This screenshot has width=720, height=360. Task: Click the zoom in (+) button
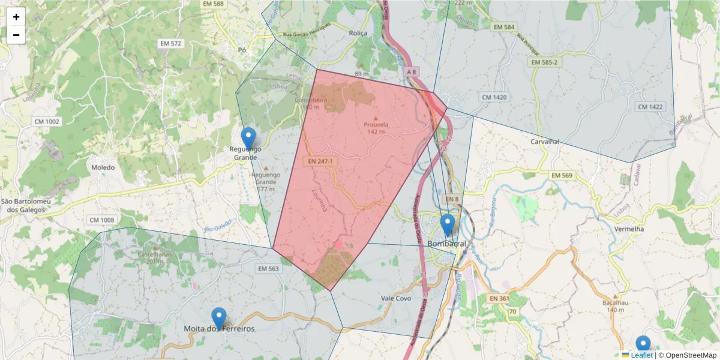(x=16, y=17)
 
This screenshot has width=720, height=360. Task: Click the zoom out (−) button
(x=16, y=35)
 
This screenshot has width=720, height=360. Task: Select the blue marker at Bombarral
(x=447, y=225)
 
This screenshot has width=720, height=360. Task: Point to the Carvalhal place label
(x=545, y=142)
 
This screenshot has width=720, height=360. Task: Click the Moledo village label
(x=103, y=167)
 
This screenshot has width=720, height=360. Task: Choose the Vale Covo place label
(x=395, y=298)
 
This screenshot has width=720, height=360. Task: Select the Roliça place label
(x=358, y=34)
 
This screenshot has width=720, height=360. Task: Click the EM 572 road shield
(x=171, y=44)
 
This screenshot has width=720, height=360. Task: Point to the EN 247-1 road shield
(x=321, y=161)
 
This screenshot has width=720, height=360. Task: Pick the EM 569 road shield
(x=562, y=175)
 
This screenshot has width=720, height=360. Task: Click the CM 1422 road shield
(x=650, y=107)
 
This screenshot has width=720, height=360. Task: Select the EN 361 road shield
(x=499, y=298)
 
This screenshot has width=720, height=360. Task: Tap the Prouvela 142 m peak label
(x=376, y=128)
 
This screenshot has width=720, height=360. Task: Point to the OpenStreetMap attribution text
(x=691, y=355)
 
